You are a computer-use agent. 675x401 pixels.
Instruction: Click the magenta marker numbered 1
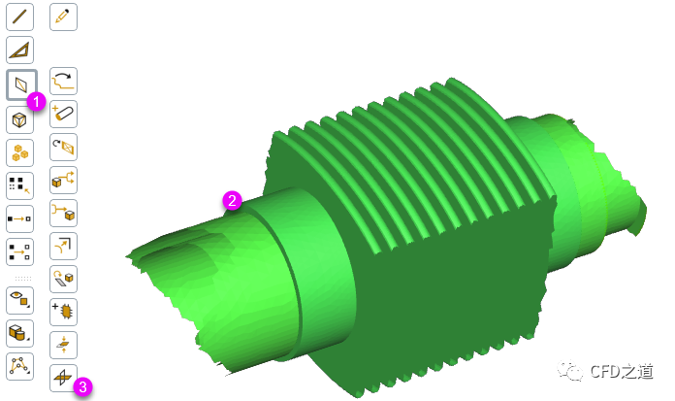tap(36, 102)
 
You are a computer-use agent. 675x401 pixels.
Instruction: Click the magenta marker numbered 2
tap(232, 200)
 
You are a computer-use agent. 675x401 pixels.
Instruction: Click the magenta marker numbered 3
tap(82, 386)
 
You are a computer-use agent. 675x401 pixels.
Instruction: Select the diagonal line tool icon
tap(19, 17)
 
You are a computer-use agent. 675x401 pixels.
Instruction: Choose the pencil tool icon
tap(63, 17)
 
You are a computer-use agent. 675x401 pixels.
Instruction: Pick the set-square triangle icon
tap(19, 50)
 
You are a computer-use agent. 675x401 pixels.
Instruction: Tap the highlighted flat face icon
tap(21, 84)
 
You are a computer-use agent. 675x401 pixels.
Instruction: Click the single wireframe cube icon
tap(19, 119)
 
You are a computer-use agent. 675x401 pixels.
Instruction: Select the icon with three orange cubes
tap(19, 153)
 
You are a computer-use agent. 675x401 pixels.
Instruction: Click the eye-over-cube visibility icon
tap(19, 300)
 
